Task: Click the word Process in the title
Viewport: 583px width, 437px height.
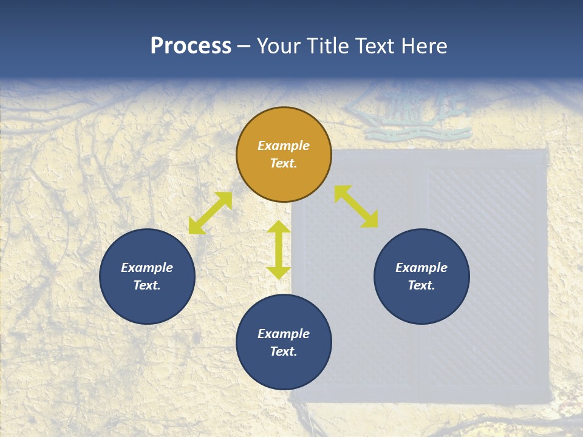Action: pos(191,46)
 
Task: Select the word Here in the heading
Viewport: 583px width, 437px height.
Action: pos(423,46)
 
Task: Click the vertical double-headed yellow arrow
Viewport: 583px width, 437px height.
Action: pos(279,249)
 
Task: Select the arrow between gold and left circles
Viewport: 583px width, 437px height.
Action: pos(210,213)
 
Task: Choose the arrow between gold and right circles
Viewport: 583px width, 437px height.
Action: pos(356,206)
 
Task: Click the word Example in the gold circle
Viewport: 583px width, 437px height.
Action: pos(284,146)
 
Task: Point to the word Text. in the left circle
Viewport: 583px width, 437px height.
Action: pos(147,285)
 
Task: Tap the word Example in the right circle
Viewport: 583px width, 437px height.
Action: pos(421,268)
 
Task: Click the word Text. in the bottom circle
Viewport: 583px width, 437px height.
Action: pos(284,351)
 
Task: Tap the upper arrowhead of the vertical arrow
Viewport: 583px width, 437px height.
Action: pos(279,228)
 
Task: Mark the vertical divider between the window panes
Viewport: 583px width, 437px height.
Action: pos(420,273)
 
